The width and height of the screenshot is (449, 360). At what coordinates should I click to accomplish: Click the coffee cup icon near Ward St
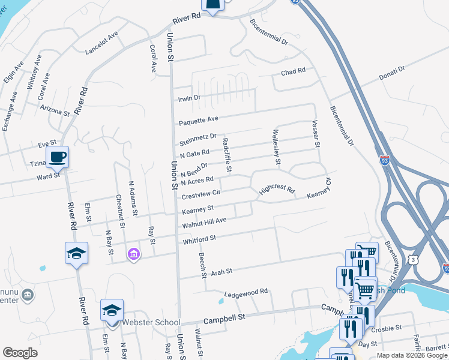tap(57, 157)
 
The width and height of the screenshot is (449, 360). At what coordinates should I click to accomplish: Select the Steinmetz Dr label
tap(197, 140)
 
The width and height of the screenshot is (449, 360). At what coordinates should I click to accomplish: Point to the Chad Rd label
tap(294, 71)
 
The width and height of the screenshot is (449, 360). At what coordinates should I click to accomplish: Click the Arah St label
tap(221, 272)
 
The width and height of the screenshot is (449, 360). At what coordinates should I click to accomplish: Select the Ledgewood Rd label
tap(246, 293)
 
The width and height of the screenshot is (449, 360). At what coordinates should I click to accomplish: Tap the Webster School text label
tap(151, 322)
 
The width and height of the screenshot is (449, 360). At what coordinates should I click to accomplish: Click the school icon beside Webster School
tap(112, 310)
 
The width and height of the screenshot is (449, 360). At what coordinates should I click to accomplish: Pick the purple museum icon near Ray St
tap(134, 255)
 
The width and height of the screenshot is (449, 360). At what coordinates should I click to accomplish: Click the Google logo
tap(20, 353)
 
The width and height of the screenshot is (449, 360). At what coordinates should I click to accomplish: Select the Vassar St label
tap(316, 133)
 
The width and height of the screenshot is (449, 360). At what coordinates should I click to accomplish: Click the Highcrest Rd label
tap(277, 190)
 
